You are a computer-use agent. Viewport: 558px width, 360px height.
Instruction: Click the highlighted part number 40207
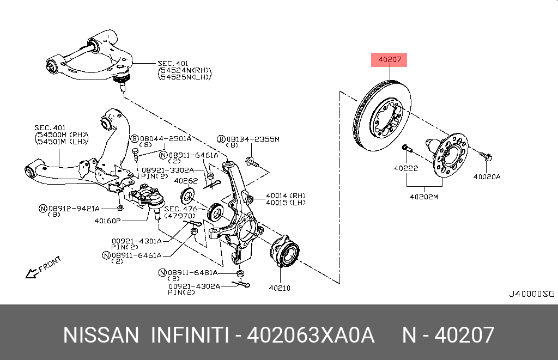pos(389,60)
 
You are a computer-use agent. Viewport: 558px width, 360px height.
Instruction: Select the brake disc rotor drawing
pos(381,117)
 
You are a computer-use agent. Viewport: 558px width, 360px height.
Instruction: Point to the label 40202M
pos(424,197)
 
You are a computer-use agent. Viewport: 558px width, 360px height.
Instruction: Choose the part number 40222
pos(406,169)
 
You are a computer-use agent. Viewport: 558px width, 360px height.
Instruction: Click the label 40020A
pos(487,176)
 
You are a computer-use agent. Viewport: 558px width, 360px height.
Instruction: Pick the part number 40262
pos(186,181)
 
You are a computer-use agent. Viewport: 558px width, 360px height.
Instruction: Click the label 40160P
pos(107,221)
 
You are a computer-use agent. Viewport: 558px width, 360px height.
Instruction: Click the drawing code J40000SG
pos(531,294)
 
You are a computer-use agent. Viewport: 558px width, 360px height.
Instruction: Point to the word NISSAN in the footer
pos(101,335)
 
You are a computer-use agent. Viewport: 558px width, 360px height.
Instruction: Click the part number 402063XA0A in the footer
pos(311,335)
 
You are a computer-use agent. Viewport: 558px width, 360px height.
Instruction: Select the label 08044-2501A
pos(166,139)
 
